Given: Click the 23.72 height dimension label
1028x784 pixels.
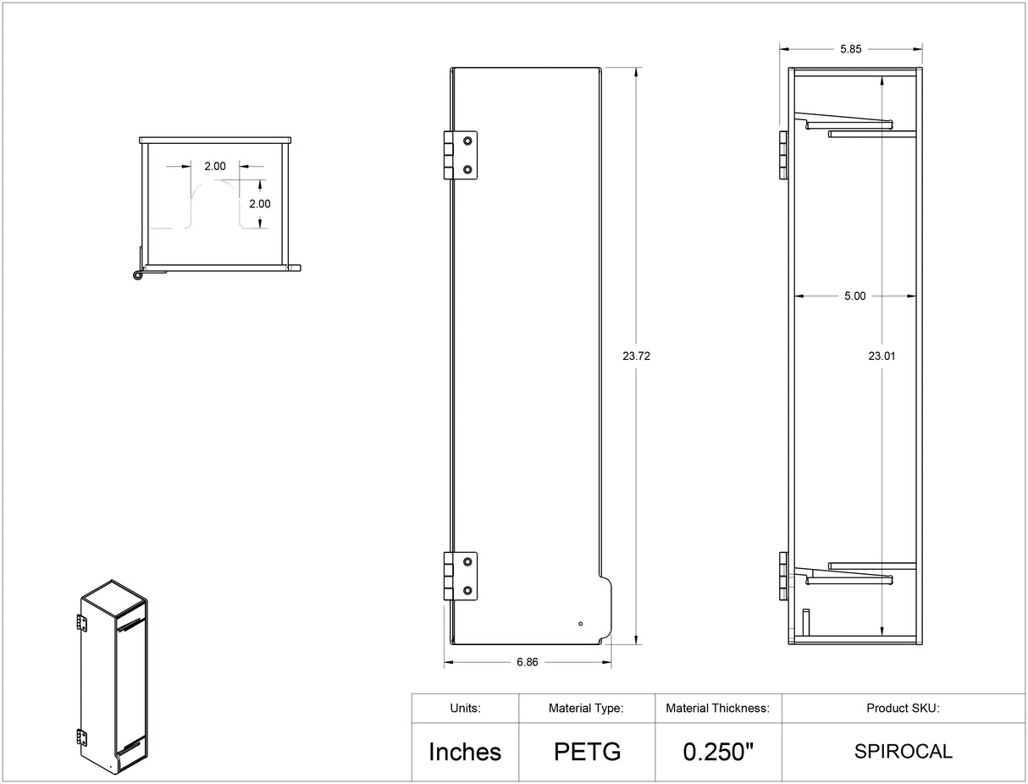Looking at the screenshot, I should point(636,356).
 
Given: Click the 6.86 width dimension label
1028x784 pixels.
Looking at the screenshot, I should point(527,662).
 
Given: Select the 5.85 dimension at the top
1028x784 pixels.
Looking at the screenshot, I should point(850,49).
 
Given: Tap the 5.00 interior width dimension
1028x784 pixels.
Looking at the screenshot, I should point(854,296).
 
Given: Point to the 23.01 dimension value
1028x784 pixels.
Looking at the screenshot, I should point(882,356).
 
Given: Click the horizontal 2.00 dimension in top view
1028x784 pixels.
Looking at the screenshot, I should point(215,166).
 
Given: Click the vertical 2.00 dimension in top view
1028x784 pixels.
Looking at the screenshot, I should point(259,204).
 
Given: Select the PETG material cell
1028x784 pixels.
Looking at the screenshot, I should point(587,752).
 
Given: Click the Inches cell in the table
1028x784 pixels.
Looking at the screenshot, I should point(465,752).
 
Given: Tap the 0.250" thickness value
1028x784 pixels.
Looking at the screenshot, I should point(718,752).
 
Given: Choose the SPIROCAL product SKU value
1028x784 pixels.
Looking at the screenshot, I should point(903,752).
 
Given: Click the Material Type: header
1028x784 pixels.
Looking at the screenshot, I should point(587,709).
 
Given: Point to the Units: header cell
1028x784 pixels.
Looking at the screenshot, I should point(465,709).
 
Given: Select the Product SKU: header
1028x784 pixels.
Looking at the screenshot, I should point(903,709).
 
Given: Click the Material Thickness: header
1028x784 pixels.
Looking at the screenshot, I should point(718,709).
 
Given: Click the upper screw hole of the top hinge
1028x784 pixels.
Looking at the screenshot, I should point(467,141).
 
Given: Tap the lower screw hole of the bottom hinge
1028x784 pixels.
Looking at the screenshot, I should point(467,590).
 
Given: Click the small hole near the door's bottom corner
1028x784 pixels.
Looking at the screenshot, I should point(580,624).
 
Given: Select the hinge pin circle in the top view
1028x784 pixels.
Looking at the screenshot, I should point(136,275).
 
